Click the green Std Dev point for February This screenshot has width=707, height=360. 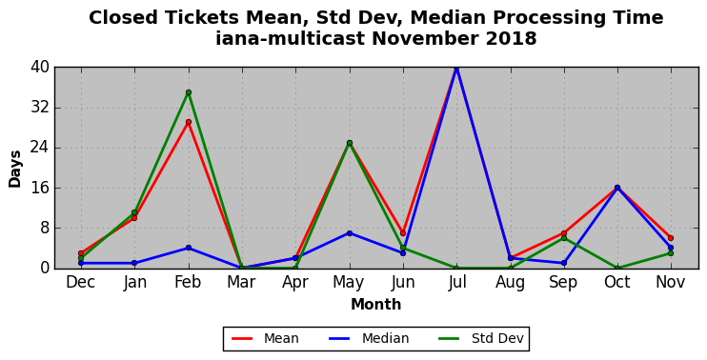click(x=189, y=92)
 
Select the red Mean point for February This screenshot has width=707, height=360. click(x=189, y=122)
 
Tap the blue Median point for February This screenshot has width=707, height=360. click(x=189, y=248)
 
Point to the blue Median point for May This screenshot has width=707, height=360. click(x=350, y=233)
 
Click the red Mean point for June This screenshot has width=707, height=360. click(x=403, y=233)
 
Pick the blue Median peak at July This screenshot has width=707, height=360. click(x=456, y=68)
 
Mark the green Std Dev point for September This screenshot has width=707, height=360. click(x=564, y=238)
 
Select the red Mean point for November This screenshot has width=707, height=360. click(x=671, y=238)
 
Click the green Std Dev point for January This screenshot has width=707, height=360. click(x=134, y=212)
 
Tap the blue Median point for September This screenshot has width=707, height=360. click(x=564, y=263)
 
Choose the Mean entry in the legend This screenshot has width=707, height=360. click(x=265, y=338)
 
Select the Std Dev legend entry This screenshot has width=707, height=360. click(x=482, y=338)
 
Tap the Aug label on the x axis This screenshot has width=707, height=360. click(x=511, y=283)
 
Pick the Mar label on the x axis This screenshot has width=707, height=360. click(x=242, y=283)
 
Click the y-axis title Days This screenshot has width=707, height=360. click(x=15, y=169)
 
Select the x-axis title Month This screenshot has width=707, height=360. click(x=376, y=304)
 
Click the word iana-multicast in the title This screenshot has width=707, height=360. click(x=290, y=39)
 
